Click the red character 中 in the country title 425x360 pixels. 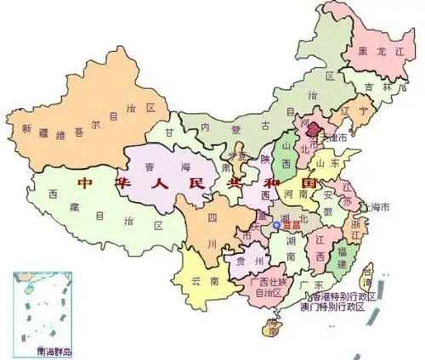[x=85, y=183]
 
